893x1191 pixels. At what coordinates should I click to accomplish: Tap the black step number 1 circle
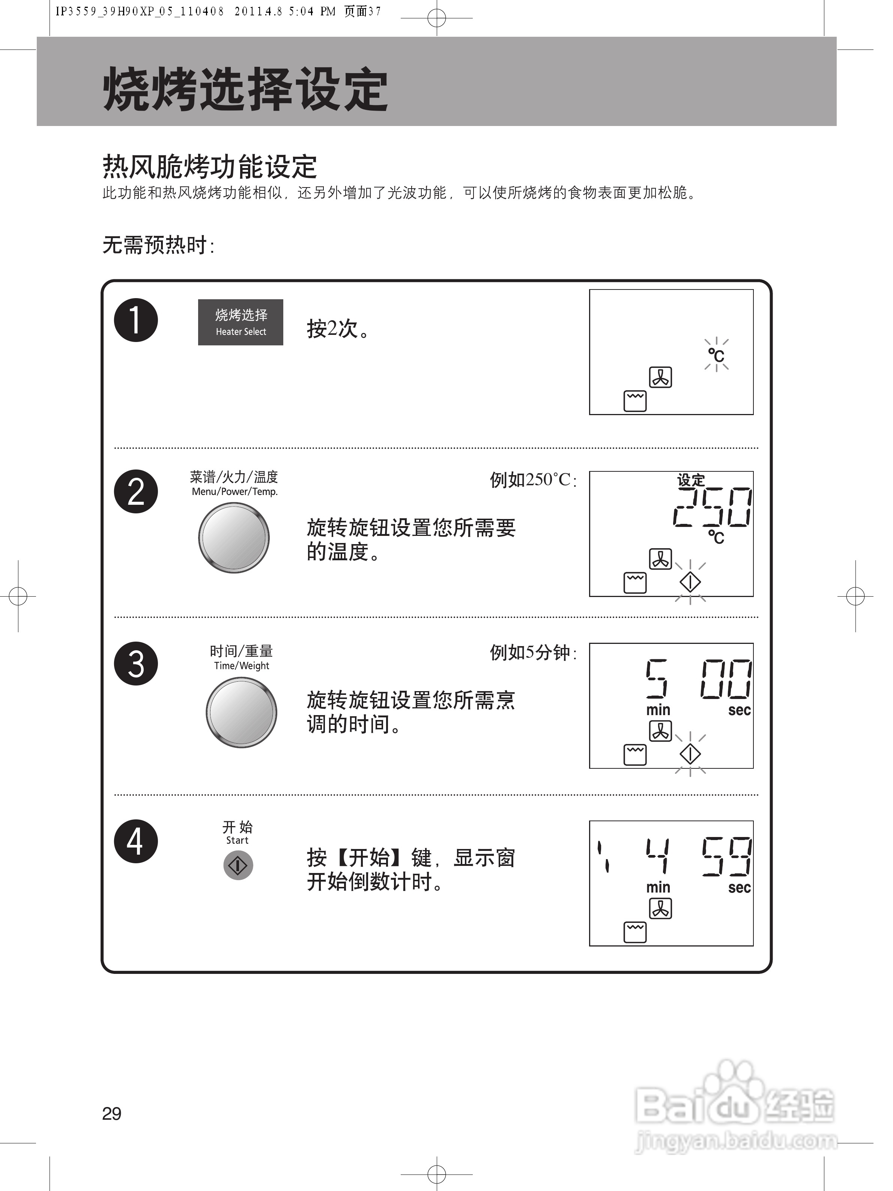[x=136, y=320]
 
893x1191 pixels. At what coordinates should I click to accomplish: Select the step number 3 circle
[x=136, y=663]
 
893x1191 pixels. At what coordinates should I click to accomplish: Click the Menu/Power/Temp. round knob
[x=234, y=537]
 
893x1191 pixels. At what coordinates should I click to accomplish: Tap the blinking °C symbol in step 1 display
[x=716, y=355]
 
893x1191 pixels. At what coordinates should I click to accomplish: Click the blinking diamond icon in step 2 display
[x=690, y=582]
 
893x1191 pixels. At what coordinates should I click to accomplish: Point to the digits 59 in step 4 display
[x=726, y=856]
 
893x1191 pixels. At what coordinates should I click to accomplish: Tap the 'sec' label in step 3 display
[x=739, y=710]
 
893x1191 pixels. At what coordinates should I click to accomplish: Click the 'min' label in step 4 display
[x=658, y=887]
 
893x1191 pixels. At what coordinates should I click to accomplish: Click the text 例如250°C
[x=532, y=479]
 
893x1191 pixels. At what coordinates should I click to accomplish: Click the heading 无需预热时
[x=158, y=245]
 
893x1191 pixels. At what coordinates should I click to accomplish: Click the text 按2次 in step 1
[x=338, y=328]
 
